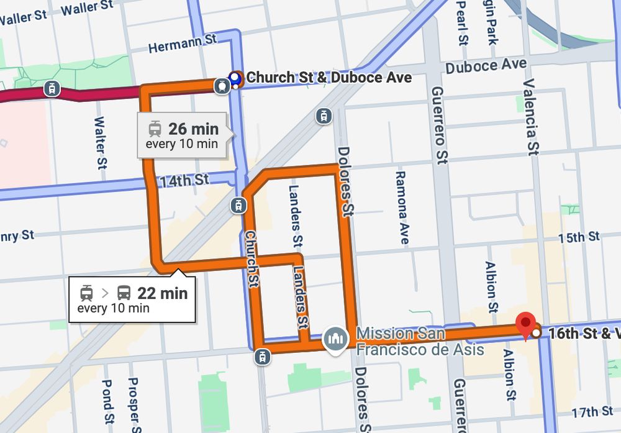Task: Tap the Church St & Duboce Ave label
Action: (329, 78)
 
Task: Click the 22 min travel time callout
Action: (132, 299)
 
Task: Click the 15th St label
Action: (579, 237)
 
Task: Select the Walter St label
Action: (100, 143)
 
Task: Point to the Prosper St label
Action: (132, 401)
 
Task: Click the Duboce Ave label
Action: (486, 66)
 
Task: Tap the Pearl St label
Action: (461, 23)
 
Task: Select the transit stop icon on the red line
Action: (53, 89)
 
